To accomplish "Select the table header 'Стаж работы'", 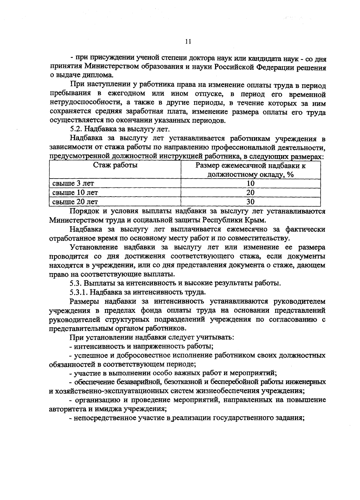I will click(115, 165).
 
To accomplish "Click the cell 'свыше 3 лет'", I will click(73, 183).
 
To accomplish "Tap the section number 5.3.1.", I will click(79, 292).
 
